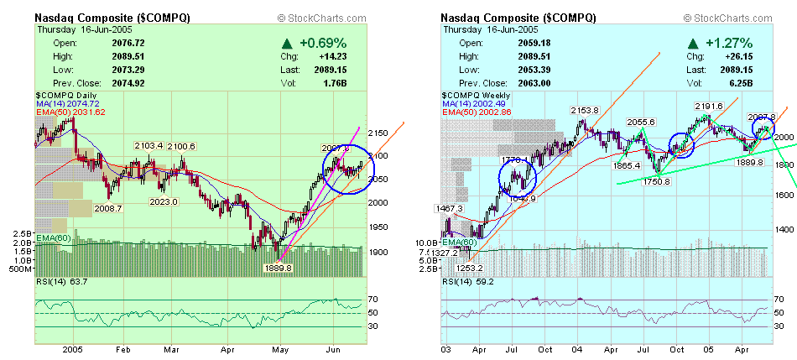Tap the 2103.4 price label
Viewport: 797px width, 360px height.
click(150, 146)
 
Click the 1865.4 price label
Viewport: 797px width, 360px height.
click(622, 165)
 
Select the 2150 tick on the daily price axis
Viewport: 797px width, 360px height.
click(380, 133)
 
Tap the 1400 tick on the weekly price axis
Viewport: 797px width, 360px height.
click(784, 229)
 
